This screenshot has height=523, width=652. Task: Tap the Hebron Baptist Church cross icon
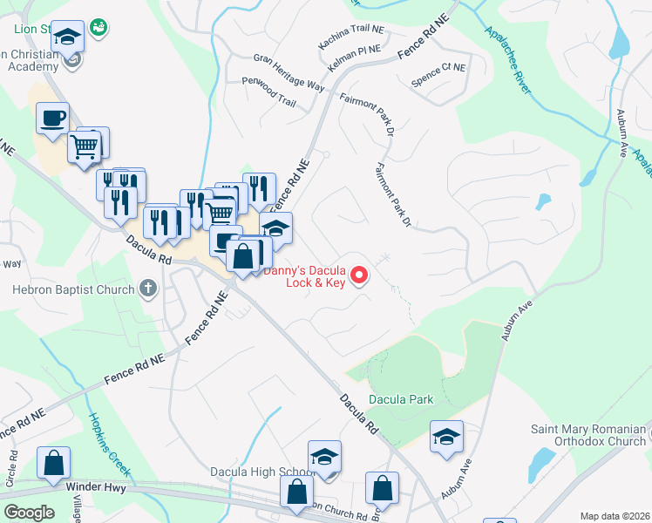pyautogui.click(x=148, y=289)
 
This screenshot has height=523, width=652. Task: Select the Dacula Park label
pyautogui.click(x=400, y=400)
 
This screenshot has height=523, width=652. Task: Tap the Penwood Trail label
pyautogui.click(x=269, y=91)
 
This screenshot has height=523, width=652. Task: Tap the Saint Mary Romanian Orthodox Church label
pyautogui.click(x=588, y=435)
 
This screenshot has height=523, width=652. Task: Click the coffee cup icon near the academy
pyautogui.click(x=52, y=118)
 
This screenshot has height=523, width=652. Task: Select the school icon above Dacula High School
pyautogui.click(x=324, y=456)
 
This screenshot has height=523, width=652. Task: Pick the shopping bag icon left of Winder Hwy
pyautogui.click(x=53, y=463)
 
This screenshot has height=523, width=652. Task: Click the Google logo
pyautogui.click(x=30, y=512)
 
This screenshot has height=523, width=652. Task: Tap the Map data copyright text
pyautogui.click(x=615, y=515)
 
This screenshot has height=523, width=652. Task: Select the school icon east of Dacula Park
pyautogui.click(x=446, y=437)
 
